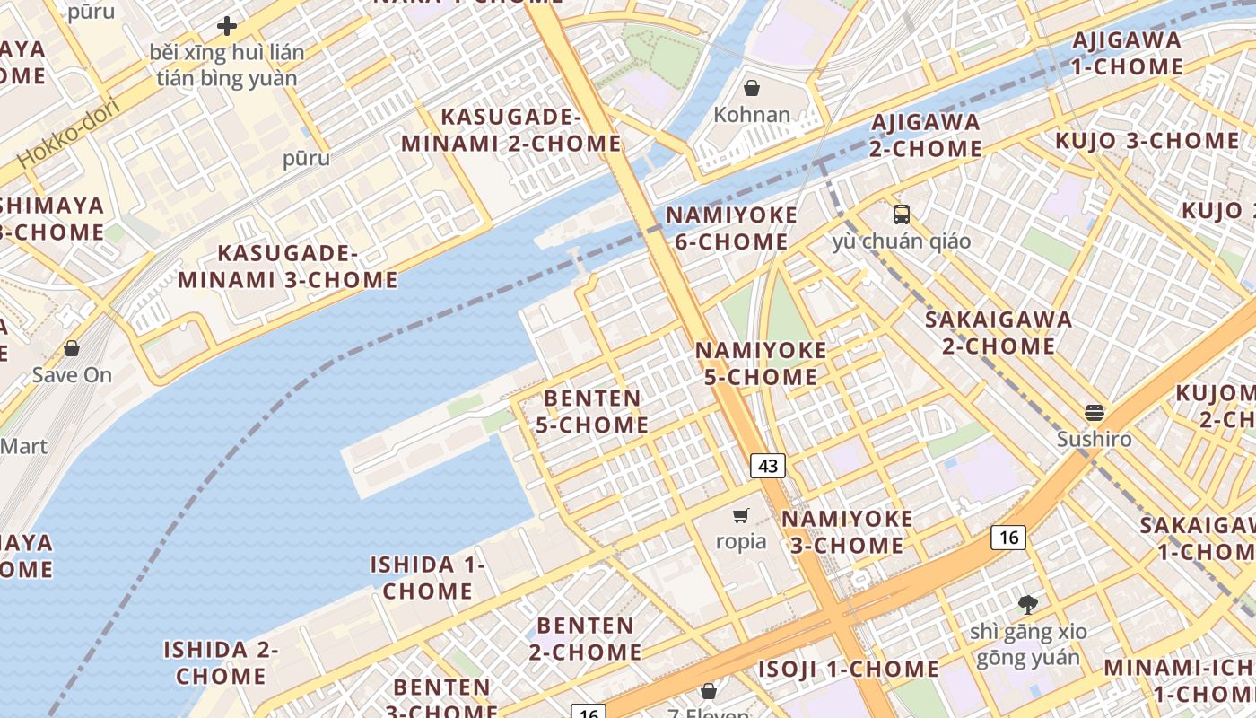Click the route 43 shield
(767, 466)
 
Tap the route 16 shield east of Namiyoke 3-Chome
(1008, 537)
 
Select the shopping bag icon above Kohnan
(752, 88)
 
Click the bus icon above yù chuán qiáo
(901, 215)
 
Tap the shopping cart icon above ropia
(741, 515)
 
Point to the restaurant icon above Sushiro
(1094, 413)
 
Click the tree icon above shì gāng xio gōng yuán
(1027, 605)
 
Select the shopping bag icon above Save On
(72, 348)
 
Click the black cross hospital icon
(227, 26)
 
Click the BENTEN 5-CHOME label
(592, 411)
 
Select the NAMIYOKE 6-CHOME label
(731, 228)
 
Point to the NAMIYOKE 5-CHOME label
(761, 363)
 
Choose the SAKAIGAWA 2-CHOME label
(999, 332)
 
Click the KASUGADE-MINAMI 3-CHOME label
(287, 267)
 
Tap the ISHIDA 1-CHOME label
(428, 578)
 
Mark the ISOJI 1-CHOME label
(848, 670)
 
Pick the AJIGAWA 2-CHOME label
(925, 135)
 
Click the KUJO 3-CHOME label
(1147, 141)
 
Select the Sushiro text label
(1094, 440)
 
